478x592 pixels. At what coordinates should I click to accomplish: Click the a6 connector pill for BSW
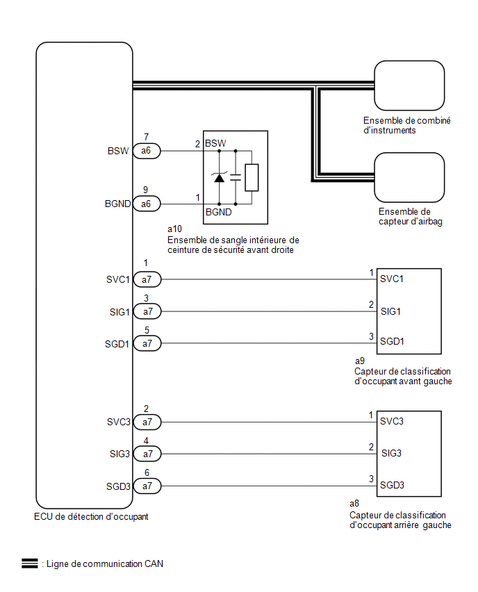click(x=147, y=151)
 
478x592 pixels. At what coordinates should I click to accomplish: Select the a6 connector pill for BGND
click(x=147, y=204)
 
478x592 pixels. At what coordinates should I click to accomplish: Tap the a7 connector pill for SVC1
click(x=147, y=279)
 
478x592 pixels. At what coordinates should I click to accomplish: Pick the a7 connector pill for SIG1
click(x=147, y=311)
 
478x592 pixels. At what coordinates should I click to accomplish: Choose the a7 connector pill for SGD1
click(x=147, y=343)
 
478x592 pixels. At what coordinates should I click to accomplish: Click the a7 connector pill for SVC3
click(x=147, y=422)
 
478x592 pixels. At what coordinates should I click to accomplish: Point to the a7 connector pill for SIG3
click(x=147, y=454)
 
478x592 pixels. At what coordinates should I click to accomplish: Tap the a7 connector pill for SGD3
click(x=147, y=486)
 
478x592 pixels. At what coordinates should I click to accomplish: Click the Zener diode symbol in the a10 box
click(x=220, y=177)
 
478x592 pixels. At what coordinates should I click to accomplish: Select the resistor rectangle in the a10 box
click(x=252, y=177)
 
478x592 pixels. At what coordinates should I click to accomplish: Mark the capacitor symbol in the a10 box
click(x=235, y=177)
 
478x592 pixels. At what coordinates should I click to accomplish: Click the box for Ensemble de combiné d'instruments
click(x=409, y=85)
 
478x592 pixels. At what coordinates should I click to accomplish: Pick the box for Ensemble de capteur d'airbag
click(x=409, y=177)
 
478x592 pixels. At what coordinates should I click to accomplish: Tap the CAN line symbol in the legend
click(x=29, y=564)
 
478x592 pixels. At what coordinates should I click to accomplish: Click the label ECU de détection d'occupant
click(x=90, y=517)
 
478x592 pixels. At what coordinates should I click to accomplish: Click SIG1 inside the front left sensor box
click(x=391, y=311)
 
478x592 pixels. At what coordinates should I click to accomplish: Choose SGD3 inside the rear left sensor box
click(x=393, y=484)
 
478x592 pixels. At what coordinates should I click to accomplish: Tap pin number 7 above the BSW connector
click(x=146, y=137)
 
